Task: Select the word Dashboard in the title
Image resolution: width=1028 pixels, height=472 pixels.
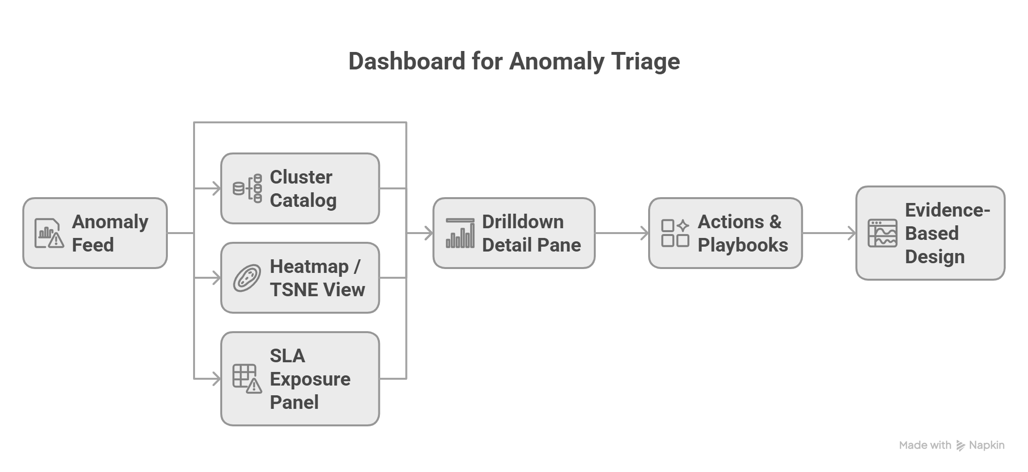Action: (x=407, y=62)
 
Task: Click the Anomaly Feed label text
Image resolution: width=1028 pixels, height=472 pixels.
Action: (x=110, y=233)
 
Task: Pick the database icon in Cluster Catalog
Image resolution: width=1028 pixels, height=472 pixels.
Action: (x=247, y=188)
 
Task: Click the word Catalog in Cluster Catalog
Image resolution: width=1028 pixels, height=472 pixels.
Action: (x=303, y=200)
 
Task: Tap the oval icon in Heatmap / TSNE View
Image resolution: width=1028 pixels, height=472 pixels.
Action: (x=247, y=278)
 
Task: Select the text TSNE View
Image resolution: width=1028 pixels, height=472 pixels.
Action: (x=317, y=289)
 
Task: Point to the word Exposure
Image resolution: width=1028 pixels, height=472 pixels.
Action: (x=310, y=379)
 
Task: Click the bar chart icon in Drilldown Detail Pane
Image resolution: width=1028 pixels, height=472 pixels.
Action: (x=460, y=234)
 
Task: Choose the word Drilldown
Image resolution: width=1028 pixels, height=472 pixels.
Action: (x=522, y=222)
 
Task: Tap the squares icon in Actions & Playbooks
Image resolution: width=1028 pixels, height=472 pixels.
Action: (x=675, y=233)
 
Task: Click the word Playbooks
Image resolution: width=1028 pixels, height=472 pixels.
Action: (x=743, y=245)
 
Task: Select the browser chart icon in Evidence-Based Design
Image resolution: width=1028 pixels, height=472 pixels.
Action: (x=882, y=234)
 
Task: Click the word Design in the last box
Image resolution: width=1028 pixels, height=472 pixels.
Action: (x=934, y=256)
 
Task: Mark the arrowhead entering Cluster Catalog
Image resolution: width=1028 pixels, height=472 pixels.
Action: (x=216, y=188)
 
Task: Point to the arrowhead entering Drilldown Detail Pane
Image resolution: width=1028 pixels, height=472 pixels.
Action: (x=428, y=233)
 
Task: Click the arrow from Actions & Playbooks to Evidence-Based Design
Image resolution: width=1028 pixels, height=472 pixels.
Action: (x=830, y=233)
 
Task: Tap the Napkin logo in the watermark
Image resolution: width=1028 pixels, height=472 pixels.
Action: (x=961, y=445)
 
